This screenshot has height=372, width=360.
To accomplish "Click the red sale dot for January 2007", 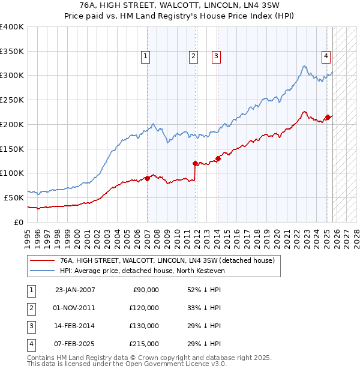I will click(148, 178).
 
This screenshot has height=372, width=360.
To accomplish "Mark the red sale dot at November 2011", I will click(196, 163).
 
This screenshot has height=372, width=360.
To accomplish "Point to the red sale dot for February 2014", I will click(218, 158).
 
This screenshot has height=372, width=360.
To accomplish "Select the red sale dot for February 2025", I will click(328, 117).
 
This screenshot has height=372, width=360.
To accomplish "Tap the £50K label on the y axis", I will click(14, 197).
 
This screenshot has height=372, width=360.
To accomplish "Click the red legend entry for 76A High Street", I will click(167, 260).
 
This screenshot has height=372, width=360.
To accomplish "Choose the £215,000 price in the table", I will click(144, 344).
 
